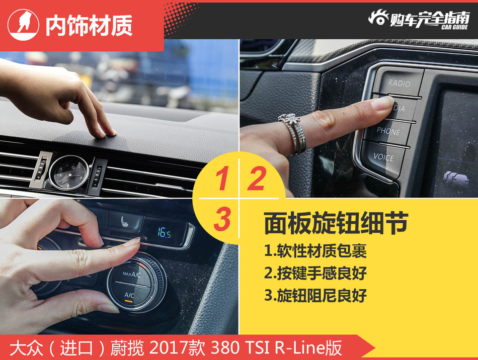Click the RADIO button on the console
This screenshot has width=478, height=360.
coord(399,83)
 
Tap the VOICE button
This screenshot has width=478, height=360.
coord(384,157)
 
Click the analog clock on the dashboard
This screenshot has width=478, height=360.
coord(69,172)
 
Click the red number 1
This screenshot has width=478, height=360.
coord(222,180)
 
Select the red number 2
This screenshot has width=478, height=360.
coord(256,180)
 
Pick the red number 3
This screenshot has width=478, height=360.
coord(222,220)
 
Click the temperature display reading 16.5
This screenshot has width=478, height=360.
coord(164,233)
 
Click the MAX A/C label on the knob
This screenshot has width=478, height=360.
coord(130,274)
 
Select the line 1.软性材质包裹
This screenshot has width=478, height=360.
coord(315,250)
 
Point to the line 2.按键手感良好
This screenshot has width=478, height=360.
coord(315,273)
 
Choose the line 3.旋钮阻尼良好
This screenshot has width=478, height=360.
coord(315,296)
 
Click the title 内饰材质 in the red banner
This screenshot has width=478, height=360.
coord(89,26)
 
